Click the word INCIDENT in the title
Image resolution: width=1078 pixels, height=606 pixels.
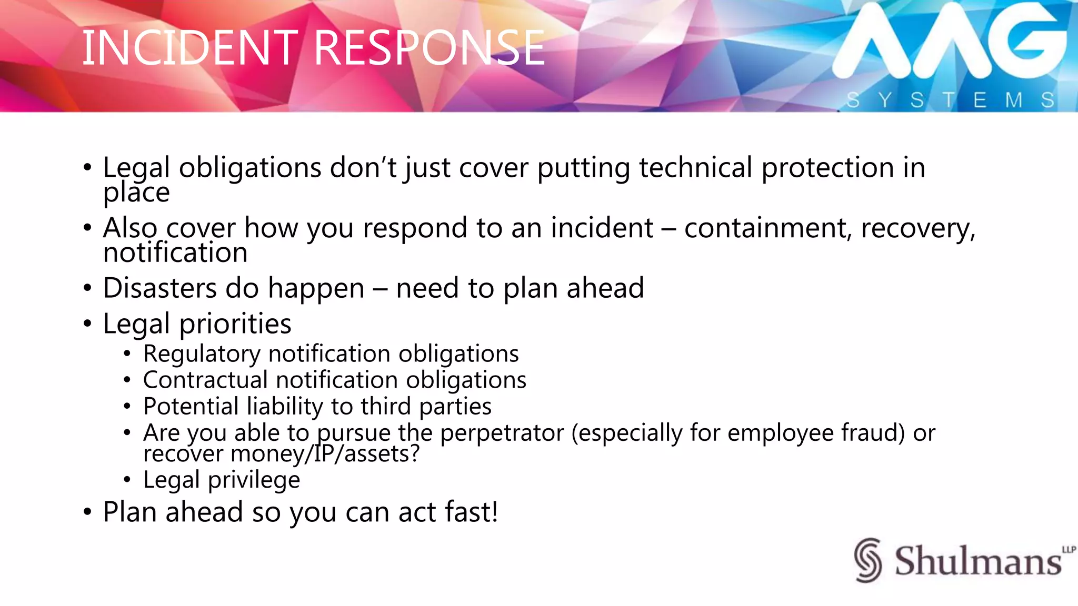[189, 48]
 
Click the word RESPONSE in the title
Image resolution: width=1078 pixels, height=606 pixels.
[429, 48]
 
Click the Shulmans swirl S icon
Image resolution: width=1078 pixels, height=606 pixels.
[867, 560]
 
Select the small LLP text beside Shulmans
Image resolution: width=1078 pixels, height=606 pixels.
[1069, 550]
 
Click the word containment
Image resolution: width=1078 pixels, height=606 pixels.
[766, 228]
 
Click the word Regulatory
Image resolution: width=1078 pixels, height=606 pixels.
[202, 354]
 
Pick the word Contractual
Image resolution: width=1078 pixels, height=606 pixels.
[205, 380]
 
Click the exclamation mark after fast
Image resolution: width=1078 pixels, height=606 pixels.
[494, 512]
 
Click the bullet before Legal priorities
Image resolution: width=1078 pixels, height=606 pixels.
[87, 324]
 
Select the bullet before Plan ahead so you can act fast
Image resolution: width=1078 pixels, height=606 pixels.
[87, 512]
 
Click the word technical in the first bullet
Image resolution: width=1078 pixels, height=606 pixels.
[695, 168]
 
